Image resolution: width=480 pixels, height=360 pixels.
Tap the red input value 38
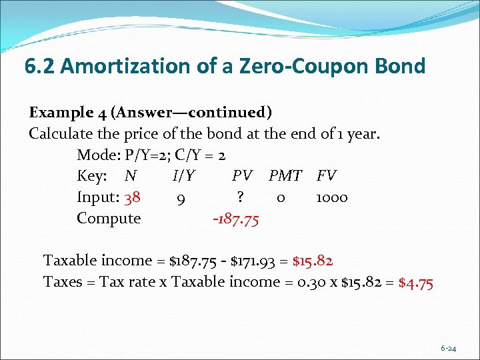pyautogui.click(x=132, y=197)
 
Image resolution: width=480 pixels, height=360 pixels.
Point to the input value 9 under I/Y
pyautogui.click(x=181, y=197)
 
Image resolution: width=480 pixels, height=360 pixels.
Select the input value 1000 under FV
pyautogui.click(x=331, y=197)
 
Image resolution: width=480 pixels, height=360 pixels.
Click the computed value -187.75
pyautogui.click(x=235, y=219)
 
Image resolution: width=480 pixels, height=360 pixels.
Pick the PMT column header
pyautogui.click(x=285, y=176)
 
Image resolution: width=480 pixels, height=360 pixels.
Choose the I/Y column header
pyautogui.click(x=183, y=176)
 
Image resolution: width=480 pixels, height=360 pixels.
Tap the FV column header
pyautogui.click(x=327, y=176)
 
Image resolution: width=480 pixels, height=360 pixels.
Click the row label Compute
pyautogui.click(x=109, y=219)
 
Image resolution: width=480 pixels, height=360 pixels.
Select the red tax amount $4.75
pyautogui.click(x=416, y=282)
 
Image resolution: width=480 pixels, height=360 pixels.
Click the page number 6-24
pyautogui.click(x=448, y=348)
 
